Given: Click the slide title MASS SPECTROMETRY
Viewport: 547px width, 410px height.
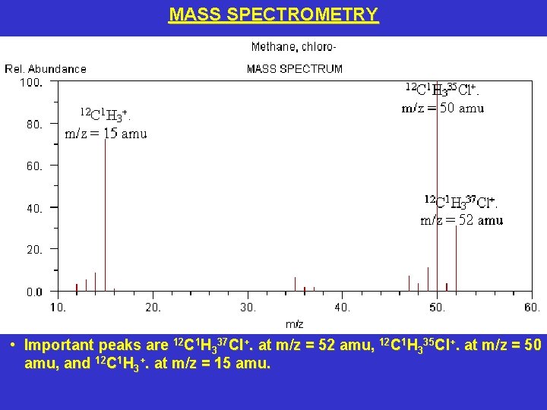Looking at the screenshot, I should coord(273,14).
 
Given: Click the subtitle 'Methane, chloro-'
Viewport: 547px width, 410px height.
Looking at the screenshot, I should coord(294,47).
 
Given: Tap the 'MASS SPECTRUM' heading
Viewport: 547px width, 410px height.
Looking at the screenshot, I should coord(295,69).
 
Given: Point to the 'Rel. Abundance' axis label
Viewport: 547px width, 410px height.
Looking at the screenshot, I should coord(46,69).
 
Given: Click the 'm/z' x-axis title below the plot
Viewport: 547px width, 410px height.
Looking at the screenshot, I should coord(294,324).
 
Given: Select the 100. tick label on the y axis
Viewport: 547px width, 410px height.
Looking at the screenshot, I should coord(30,82).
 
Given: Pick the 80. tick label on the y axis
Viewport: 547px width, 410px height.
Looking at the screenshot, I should coord(34,124).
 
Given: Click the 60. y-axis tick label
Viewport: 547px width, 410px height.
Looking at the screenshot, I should coord(34,166).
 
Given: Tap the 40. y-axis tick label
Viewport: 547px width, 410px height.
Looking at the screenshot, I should coord(34,208).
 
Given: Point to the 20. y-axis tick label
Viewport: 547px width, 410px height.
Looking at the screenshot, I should coord(34,250).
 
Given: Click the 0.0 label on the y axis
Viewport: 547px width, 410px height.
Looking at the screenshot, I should coord(34,292).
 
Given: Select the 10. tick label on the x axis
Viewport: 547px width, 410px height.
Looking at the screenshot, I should coord(58,307).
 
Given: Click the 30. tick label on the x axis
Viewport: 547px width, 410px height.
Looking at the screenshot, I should coord(248,307).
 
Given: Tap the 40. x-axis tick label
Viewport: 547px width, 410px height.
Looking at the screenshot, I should coord(343,307).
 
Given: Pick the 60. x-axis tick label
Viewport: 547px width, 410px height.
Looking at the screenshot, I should coord(533,307).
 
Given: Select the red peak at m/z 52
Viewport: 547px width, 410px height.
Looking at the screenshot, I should coord(456,258).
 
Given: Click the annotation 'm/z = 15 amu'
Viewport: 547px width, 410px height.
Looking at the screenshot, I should coord(106,134).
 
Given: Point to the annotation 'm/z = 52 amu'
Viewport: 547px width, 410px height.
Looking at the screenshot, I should coord(462,220).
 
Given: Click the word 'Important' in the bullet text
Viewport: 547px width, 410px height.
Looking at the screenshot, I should coord(58,345).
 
